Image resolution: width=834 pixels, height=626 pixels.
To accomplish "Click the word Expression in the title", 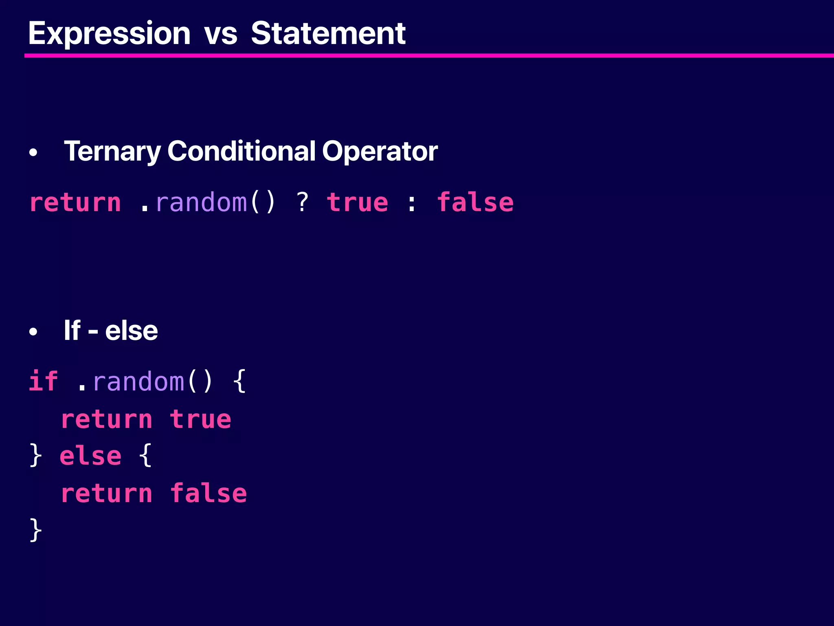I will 109,33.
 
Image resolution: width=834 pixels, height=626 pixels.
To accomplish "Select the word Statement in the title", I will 328,33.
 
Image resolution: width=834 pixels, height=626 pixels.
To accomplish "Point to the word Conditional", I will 241,151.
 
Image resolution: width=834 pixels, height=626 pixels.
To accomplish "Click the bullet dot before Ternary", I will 33,153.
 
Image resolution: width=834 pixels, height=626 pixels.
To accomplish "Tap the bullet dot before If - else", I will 33,332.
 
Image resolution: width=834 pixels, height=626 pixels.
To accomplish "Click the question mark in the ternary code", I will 302,202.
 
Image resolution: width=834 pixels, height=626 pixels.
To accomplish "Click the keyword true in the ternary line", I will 358,203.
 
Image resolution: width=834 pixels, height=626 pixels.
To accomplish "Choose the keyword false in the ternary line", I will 475,203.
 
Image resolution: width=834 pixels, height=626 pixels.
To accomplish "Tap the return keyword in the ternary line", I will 75,203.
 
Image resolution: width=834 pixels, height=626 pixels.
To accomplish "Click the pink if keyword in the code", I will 43,381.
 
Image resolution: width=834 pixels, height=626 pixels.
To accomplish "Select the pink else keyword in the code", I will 90,456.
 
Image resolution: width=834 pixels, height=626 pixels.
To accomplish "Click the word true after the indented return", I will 200,420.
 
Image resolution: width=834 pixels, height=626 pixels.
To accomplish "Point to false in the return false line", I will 208,494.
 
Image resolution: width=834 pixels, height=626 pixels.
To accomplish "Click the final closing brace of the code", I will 36,530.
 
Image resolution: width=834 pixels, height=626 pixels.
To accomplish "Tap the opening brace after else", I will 145,456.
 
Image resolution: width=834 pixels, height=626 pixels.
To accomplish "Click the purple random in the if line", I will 138,382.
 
